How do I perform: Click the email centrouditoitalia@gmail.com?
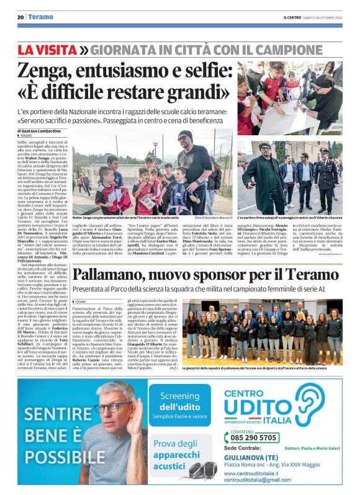(x=258, y=481)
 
